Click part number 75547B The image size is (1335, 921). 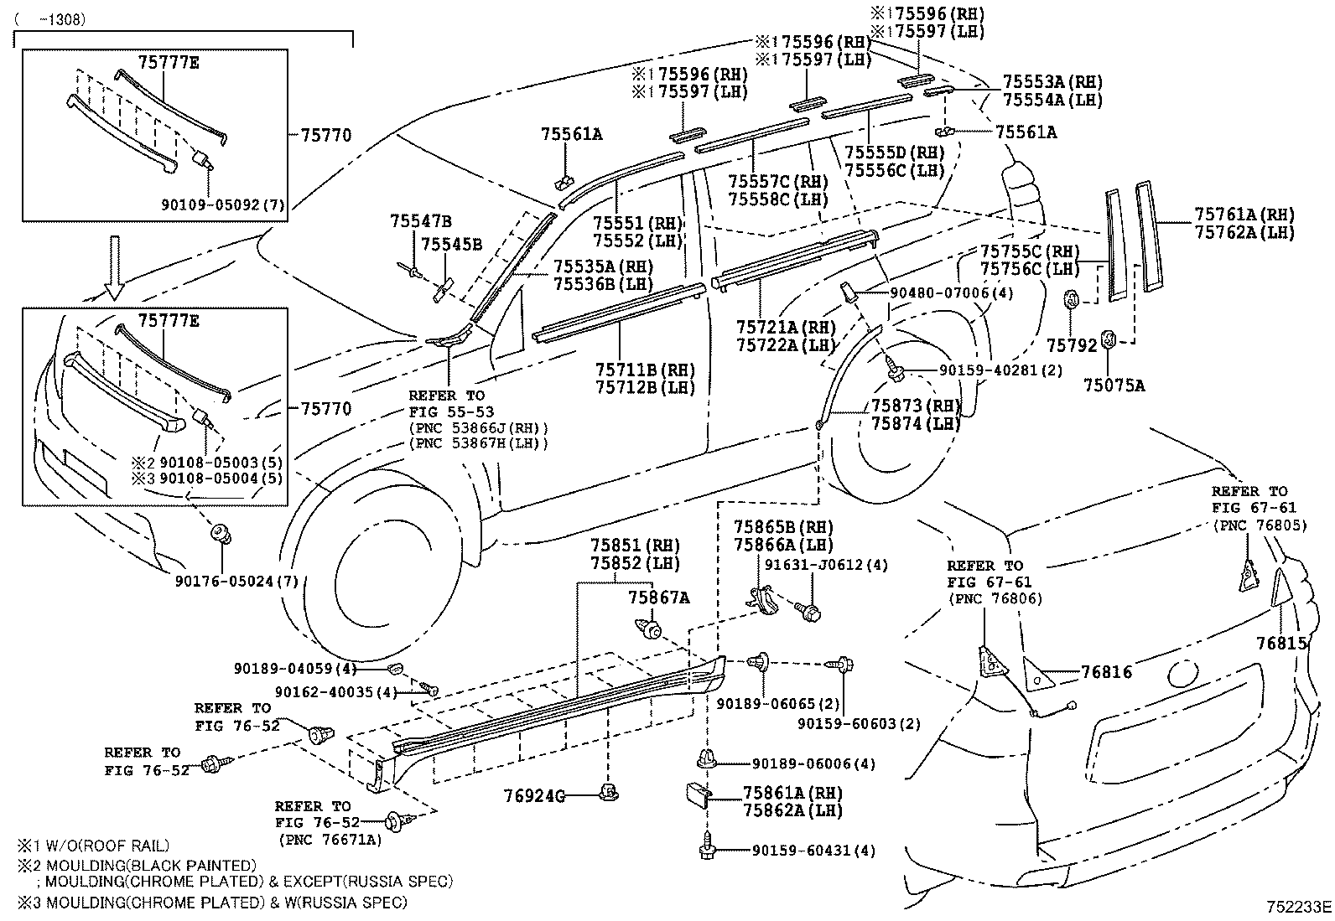[x=420, y=221]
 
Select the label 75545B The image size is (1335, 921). [x=451, y=244]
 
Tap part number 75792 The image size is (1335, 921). [x=1071, y=344]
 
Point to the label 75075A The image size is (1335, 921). [x=1114, y=385]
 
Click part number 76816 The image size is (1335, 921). [x=1106, y=672]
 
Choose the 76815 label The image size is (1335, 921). [x=1281, y=643]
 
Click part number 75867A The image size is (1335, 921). [x=659, y=598]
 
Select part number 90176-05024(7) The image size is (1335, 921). [x=237, y=581]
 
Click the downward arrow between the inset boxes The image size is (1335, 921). [x=114, y=267]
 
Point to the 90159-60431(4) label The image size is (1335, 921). [x=813, y=851]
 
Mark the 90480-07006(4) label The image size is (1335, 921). [x=940, y=293]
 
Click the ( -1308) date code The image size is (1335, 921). [x=53, y=19]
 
